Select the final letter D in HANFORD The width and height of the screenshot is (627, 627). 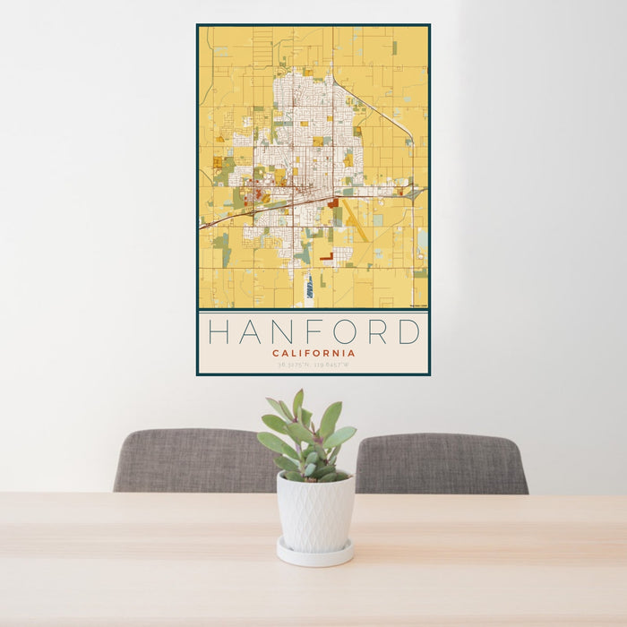click(408, 332)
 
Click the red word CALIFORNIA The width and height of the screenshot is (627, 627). click(313, 353)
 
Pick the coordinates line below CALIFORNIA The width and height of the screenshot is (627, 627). click(313, 365)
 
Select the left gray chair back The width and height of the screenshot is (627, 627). click(193, 460)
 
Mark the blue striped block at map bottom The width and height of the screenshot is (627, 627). click(310, 287)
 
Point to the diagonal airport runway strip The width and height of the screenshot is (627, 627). click(356, 220)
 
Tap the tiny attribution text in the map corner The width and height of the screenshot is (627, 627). click(417, 305)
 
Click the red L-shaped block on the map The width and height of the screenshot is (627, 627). click(325, 257)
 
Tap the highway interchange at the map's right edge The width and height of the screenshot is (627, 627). click(413, 192)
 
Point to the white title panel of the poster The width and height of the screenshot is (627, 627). click(313, 342)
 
